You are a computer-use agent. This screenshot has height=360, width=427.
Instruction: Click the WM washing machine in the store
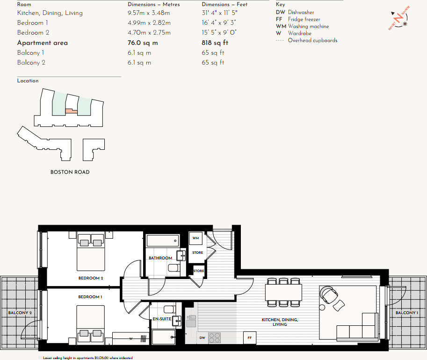[x=195, y=238]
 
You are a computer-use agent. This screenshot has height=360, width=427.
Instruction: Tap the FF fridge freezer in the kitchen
[x=249, y=338]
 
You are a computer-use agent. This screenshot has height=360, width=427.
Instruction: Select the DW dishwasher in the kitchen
[x=202, y=338]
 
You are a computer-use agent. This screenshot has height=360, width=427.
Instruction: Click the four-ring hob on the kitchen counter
[x=214, y=338]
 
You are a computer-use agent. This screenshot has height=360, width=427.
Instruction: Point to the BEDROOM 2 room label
[x=90, y=278]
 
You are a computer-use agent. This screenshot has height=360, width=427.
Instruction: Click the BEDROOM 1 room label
[x=89, y=297]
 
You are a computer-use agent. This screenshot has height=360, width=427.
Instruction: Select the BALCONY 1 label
[x=406, y=313]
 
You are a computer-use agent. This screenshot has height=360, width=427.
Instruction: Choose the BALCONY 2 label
[x=20, y=313]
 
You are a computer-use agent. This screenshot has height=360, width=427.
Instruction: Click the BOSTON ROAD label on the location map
[x=70, y=172]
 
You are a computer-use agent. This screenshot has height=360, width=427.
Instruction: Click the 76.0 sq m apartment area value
[x=143, y=43]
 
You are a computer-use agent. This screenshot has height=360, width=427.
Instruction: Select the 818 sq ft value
[x=215, y=43]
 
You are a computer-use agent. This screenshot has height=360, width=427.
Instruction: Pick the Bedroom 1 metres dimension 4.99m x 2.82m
[x=149, y=22]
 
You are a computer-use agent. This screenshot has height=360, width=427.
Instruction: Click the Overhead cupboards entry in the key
[x=312, y=40]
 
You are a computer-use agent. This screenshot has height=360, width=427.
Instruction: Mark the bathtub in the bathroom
[x=162, y=241]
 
